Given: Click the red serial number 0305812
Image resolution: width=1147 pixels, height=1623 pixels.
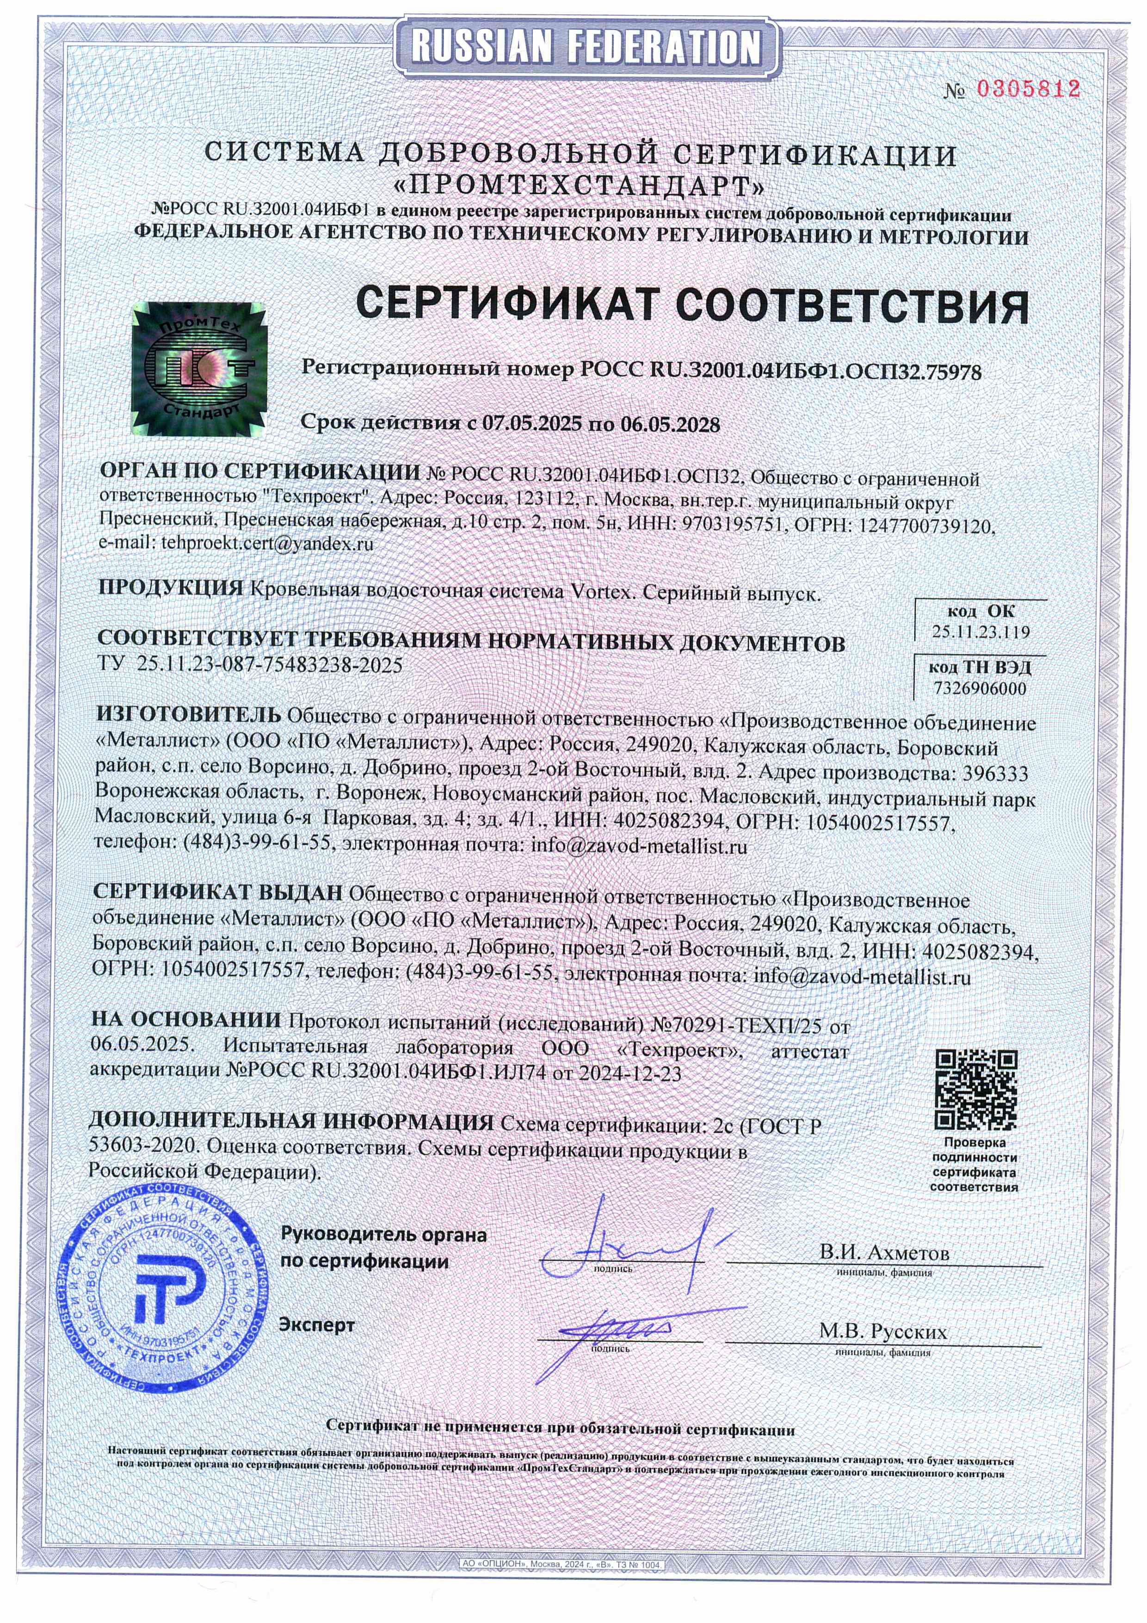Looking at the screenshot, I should tap(1028, 89).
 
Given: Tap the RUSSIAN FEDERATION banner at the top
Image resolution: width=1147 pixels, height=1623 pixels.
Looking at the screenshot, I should tap(586, 47).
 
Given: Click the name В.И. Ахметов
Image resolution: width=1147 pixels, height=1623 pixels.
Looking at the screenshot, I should tap(884, 1252).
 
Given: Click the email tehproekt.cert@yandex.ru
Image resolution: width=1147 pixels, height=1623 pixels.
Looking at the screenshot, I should tap(267, 544).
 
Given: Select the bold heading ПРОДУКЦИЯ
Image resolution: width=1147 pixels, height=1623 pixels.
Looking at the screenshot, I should tap(170, 588).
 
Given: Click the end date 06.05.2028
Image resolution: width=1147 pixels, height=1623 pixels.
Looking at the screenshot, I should tap(670, 424).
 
